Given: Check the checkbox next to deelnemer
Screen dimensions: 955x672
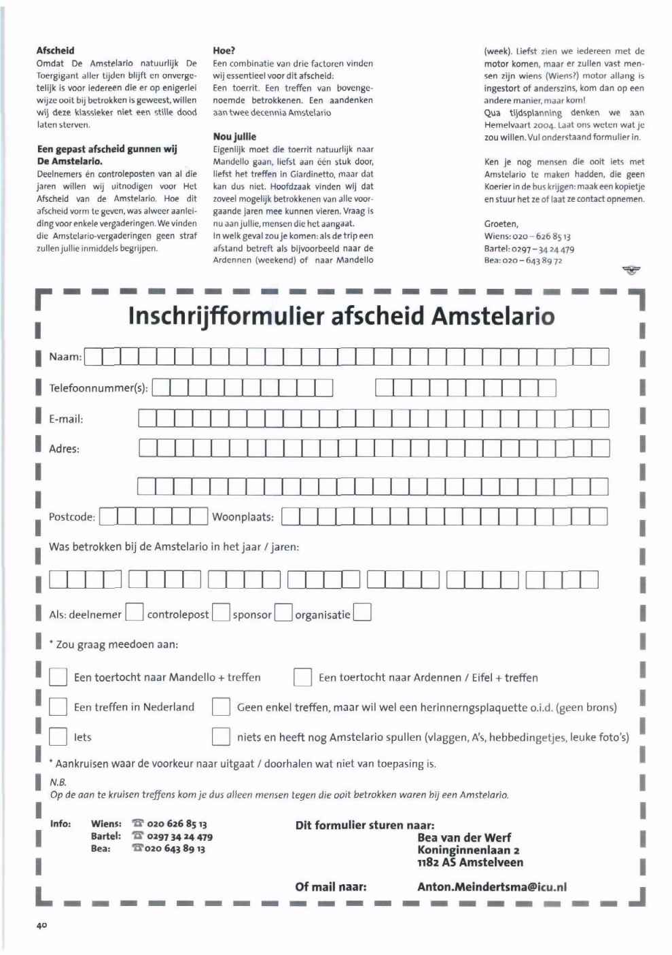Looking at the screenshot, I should coord(135,613).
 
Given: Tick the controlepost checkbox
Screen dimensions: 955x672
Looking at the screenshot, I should coord(221,613).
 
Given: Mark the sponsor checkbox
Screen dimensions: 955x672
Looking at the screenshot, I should coord(283,613).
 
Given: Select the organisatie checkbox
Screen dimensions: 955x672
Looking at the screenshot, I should coord(362,613).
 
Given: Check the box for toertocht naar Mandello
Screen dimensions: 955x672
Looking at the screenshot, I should coord(58,677).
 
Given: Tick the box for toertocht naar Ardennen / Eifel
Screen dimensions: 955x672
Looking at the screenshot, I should coord(302,677).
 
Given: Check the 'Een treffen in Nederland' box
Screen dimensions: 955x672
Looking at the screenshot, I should coord(58,707).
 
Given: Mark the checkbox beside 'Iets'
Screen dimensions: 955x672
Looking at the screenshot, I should coord(58,737).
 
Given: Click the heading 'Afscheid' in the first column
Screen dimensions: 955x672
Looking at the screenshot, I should coord(56,50).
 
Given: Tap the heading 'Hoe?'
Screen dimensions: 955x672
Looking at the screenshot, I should coord(224,50).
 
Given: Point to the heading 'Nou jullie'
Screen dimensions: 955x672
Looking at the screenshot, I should coord(234,137).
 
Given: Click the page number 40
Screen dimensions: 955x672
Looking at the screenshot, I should coord(41,926).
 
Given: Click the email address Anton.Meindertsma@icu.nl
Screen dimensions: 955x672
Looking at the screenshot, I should coord(492,886).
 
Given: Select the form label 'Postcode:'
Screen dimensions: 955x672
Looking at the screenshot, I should coord(72,517).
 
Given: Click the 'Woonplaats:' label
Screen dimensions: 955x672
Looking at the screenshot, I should coord(243,517).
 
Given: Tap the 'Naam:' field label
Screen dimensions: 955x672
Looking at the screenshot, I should coord(65,356).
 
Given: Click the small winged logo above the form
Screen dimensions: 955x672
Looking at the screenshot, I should coord(631,271).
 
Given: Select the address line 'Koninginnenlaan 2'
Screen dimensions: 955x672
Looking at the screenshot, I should coord(468,850).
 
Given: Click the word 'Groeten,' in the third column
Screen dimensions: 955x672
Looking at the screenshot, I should coord(501,224).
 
